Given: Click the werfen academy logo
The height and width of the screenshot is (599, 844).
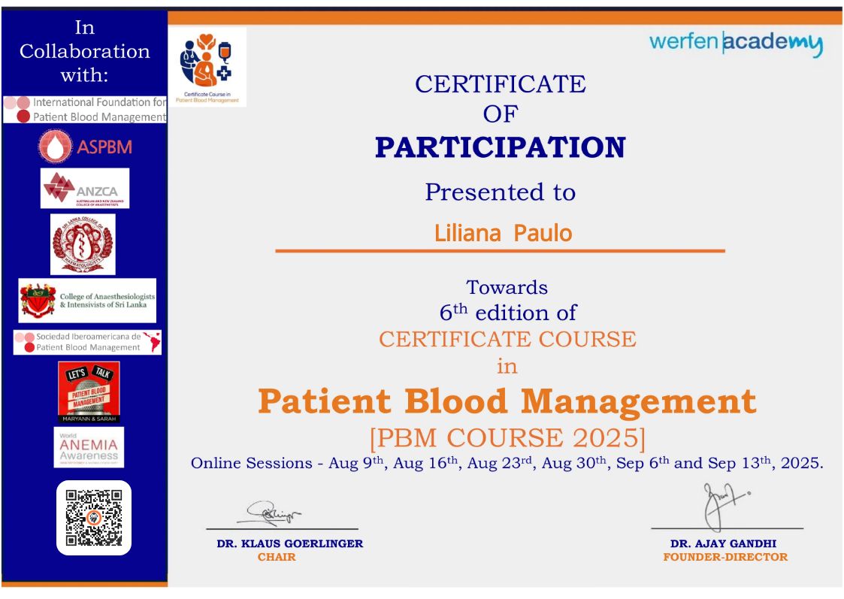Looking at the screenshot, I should click(x=736, y=43).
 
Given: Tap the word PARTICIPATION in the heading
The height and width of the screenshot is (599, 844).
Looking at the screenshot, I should click(x=500, y=147).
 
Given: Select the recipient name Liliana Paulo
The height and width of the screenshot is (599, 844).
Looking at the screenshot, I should click(x=503, y=233).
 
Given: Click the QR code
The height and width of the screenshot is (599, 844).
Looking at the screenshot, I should click(x=94, y=517).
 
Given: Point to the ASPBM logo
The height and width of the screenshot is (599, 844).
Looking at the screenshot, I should click(x=85, y=147).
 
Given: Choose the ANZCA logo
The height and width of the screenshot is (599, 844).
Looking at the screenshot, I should click(x=85, y=188).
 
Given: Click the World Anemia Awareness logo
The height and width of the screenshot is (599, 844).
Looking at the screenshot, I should click(x=89, y=447).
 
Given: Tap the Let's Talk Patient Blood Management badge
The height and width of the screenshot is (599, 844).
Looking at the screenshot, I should click(x=89, y=392).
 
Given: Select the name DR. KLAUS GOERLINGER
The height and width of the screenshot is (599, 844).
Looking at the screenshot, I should click(x=289, y=543).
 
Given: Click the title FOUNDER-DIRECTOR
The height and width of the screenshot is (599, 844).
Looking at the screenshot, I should click(x=725, y=557).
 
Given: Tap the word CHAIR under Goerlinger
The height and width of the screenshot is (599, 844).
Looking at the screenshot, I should click(x=277, y=557).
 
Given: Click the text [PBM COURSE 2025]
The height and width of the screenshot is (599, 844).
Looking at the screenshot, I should click(x=507, y=437).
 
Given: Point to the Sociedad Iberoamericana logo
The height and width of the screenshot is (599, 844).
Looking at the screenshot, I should click(x=87, y=342).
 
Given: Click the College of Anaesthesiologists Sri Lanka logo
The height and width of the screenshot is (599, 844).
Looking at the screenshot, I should click(x=87, y=301).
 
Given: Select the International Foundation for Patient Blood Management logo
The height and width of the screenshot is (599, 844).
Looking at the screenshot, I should click(x=84, y=110).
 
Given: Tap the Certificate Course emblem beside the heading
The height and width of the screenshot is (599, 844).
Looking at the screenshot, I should click(x=207, y=67).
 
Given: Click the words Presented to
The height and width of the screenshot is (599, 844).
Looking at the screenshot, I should click(x=500, y=192).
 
